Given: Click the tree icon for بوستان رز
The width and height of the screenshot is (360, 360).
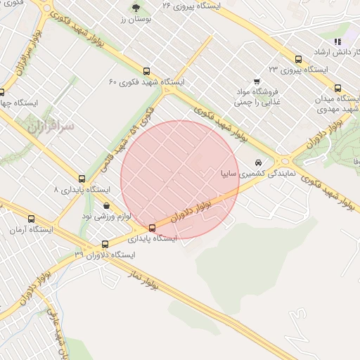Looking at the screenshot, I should (x=136, y=8).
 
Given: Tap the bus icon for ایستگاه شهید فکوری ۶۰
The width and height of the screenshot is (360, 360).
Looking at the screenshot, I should (x=146, y=71).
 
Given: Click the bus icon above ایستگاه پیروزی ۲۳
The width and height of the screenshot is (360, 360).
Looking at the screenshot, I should (x=299, y=59).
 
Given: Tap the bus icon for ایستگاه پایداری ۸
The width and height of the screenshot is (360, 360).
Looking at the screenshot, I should (x=82, y=179).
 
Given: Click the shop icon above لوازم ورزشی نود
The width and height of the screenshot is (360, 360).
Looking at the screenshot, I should (x=106, y=206).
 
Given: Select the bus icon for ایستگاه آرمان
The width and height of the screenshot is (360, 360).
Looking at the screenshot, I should (x=31, y=219).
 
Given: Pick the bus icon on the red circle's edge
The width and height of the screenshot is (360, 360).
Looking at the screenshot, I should (x=152, y=227).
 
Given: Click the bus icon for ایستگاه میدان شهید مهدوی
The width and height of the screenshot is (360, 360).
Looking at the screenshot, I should (x=338, y=89).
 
